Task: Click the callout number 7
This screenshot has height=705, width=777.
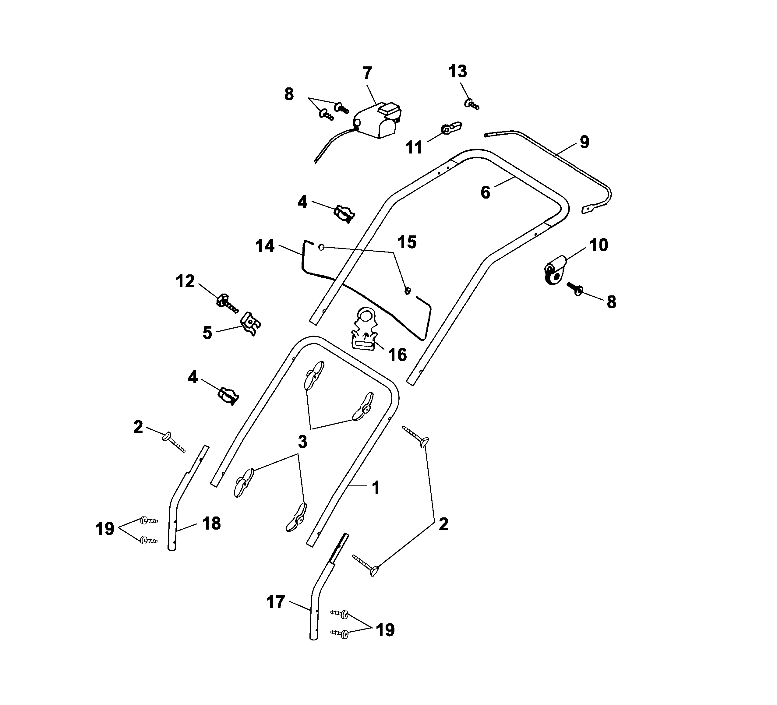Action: (x=367, y=73)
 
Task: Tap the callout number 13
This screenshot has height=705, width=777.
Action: (x=457, y=71)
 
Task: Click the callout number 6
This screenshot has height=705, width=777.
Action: (x=485, y=192)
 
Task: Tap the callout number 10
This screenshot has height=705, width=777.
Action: (x=599, y=245)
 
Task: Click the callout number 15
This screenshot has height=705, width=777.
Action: (x=407, y=242)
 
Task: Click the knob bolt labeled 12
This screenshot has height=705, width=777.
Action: (x=226, y=301)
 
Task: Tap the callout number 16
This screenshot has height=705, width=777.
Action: (x=397, y=354)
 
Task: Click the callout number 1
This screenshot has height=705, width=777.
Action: (x=375, y=487)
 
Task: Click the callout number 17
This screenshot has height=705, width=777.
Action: (x=276, y=601)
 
